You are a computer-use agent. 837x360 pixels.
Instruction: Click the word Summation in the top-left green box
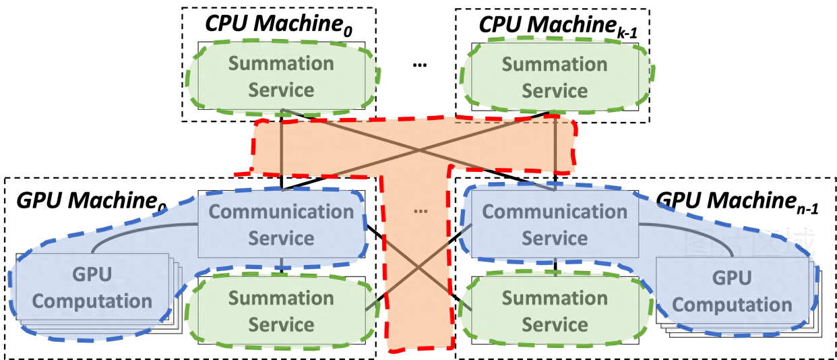[281, 64]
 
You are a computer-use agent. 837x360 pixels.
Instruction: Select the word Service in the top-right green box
[555, 91]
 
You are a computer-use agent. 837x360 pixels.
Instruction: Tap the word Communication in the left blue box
[281, 212]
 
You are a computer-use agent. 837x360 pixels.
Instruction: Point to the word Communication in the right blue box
[555, 212]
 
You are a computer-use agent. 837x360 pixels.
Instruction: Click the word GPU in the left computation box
[92, 275]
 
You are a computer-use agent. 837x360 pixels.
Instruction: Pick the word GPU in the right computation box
[731, 278]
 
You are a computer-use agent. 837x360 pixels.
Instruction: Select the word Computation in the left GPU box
[92, 301]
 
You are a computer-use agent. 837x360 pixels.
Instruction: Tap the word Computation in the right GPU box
[731, 305]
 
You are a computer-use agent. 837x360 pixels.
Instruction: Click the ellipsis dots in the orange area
[421, 211]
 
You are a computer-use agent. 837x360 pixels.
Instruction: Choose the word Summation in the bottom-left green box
[281, 298]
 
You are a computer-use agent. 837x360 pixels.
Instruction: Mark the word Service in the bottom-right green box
[555, 325]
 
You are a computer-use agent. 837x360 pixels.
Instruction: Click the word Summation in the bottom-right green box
[555, 298]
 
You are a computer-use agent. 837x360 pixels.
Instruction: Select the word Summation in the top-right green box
[555, 65]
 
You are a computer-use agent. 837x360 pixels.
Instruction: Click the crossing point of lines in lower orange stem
[418, 268]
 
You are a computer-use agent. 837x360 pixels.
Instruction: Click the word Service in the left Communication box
[281, 239]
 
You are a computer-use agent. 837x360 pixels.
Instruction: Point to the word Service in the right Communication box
[555, 239]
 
